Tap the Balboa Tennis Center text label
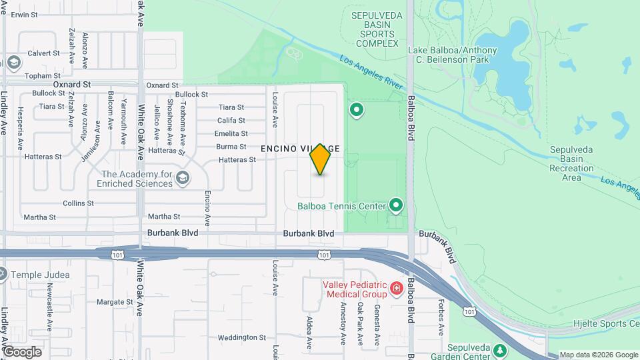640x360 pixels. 342,206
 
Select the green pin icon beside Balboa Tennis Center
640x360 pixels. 397,205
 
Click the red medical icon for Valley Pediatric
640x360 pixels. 397,288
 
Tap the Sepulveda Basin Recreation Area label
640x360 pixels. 571,164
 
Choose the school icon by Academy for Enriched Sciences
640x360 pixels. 183,178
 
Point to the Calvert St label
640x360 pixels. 44,53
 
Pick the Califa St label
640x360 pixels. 231,121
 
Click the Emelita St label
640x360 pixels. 231,133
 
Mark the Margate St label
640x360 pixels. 115,302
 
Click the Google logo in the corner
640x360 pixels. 22,351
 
